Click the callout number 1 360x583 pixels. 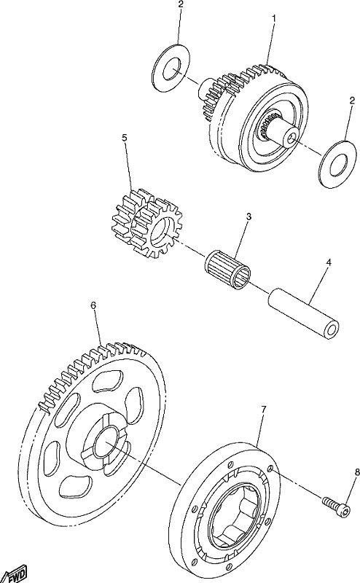274,17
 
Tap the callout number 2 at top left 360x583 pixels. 181,4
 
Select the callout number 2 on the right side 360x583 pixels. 352,101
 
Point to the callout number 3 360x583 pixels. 249,216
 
